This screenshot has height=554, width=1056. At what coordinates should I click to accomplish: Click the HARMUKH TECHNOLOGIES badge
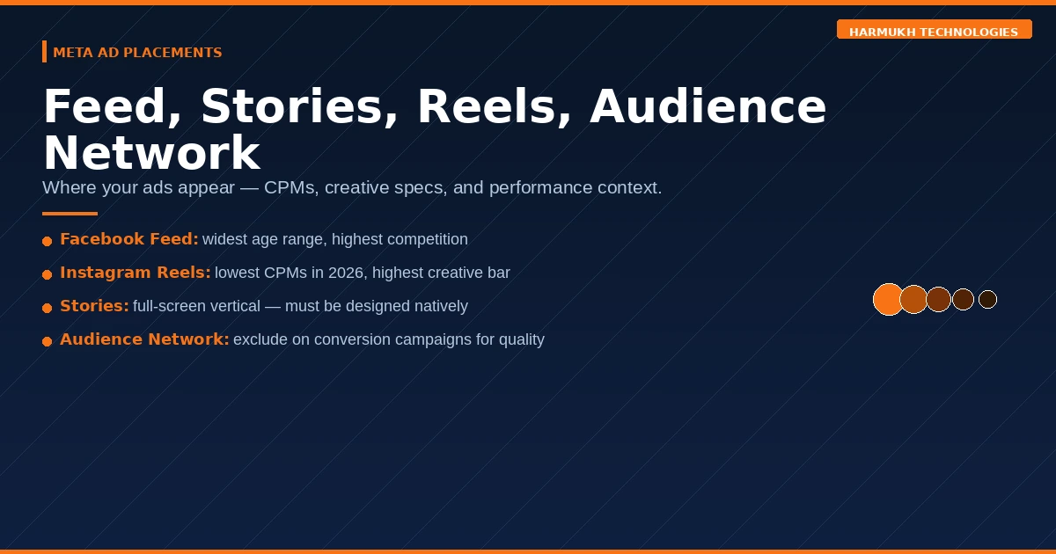tap(934, 32)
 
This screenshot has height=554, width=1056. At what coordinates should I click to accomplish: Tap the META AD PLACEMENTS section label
tap(137, 53)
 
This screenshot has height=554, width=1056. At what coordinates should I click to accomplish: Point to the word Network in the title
tap(151, 153)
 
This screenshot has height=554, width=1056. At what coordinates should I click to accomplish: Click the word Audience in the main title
tap(708, 107)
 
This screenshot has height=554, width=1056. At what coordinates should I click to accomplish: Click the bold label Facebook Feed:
tap(129, 239)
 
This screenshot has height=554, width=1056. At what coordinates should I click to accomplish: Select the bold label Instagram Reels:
tap(136, 273)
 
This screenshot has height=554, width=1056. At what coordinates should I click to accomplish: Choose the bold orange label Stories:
tap(94, 306)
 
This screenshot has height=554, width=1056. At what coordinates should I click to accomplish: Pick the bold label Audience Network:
tap(144, 339)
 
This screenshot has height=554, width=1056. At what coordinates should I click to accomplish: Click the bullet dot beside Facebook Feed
tap(48, 241)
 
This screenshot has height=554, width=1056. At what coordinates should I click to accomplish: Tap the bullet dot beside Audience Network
tap(48, 341)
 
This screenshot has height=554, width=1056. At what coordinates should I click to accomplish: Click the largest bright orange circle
tap(888, 299)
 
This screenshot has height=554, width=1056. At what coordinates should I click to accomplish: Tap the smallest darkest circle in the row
tap(987, 299)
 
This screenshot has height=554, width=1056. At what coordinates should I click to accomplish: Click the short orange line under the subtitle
tap(70, 213)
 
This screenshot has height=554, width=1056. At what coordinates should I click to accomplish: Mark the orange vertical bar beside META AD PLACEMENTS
tap(44, 52)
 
